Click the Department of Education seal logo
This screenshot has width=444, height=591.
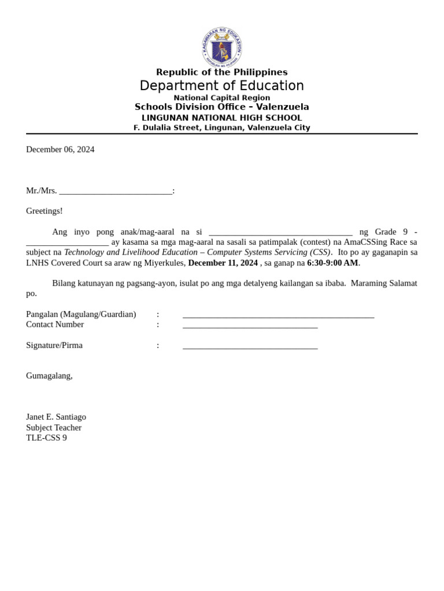221,47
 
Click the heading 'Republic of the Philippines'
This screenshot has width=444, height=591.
221,72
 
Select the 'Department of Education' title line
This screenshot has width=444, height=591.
221,85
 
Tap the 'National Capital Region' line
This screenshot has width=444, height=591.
221,98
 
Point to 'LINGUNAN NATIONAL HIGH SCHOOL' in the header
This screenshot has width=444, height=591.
221,118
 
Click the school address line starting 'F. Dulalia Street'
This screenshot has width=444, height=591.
221,128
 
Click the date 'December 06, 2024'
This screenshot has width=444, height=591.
60,149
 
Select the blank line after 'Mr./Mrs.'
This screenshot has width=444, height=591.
116,192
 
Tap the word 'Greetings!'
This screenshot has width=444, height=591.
45,211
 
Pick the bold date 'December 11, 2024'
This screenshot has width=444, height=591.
223,263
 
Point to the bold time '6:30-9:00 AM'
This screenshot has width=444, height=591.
332,263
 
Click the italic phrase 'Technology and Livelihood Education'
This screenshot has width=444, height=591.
131,253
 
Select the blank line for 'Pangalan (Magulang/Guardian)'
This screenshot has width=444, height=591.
278,316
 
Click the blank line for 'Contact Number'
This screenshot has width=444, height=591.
250,326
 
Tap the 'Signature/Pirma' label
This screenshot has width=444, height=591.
54,345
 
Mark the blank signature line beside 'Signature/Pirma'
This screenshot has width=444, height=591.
250,347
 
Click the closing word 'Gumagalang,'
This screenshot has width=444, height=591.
49,376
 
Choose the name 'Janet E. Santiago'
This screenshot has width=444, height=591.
56,417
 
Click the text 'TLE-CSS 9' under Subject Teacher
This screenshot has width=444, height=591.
46,438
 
